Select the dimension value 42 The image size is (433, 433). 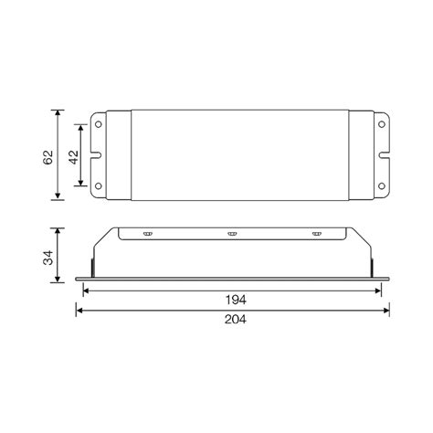72,155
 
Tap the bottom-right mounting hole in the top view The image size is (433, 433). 380,186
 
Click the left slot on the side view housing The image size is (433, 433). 145,236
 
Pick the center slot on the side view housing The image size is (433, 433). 232,236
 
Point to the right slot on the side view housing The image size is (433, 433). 317,236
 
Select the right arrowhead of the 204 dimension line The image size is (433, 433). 386,310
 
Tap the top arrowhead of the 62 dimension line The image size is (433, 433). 59,113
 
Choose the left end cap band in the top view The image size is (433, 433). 118,155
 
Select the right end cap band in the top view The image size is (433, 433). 360,155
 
